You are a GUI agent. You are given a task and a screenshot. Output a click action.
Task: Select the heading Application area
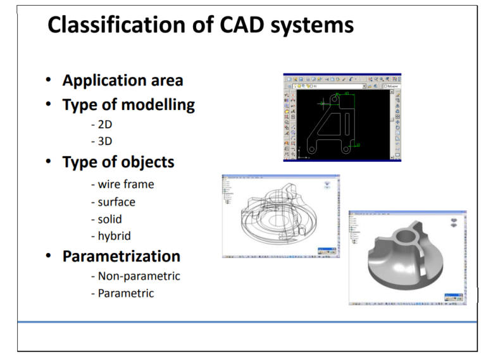(x=123, y=81)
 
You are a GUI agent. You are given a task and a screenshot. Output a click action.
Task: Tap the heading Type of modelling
(x=128, y=104)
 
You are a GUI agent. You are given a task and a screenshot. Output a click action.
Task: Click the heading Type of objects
(x=118, y=162)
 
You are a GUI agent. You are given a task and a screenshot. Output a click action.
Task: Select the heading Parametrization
(x=121, y=257)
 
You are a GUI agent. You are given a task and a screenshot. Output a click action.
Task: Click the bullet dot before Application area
(x=49, y=81)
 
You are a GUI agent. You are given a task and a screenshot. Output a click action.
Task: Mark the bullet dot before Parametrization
(x=49, y=257)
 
